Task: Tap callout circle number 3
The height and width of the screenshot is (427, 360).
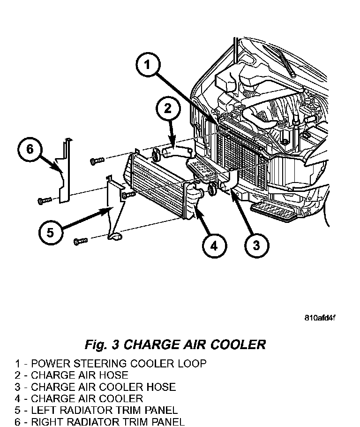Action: click(x=256, y=245)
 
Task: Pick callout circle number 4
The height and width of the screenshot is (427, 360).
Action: click(x=214, y=245)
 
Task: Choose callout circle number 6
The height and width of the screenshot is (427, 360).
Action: click(x=30, y=150)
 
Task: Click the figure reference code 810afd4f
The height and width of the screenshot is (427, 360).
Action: click(x=320, y=318)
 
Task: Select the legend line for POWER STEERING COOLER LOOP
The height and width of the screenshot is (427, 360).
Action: click(x=111, y=363)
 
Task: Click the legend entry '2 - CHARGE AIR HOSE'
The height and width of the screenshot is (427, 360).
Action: click(x=71, y=375)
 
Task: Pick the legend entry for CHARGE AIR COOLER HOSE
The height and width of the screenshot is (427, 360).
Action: click(x=95, y=387)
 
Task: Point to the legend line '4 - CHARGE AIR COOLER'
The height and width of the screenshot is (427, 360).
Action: click(x=79, y=399)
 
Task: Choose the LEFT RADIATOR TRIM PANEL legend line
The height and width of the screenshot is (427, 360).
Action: click(x=96, y=411)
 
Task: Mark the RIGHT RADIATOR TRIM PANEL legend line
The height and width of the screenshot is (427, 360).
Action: click(x=99, y=422)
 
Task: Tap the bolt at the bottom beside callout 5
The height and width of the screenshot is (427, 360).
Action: click(x=81, y=241)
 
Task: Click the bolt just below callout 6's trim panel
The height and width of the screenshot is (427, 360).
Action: click(x=43, y=201)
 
